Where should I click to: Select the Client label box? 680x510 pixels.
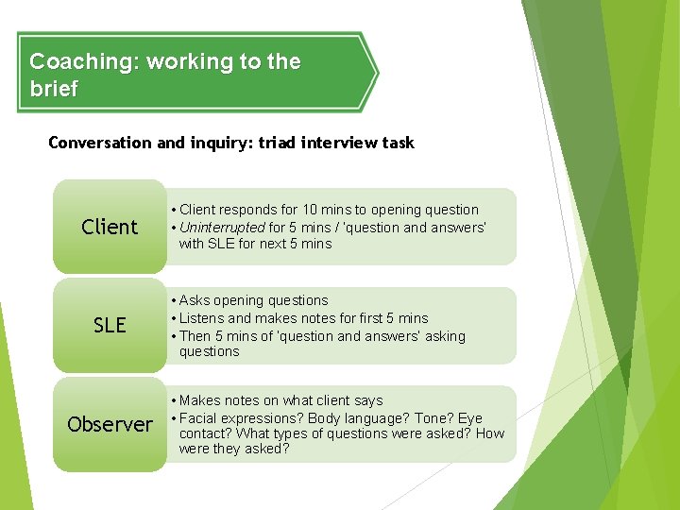110,227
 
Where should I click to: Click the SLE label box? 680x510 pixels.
110,325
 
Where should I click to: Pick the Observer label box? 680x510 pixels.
110,424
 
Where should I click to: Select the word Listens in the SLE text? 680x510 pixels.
202,318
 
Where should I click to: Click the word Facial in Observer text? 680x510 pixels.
199,417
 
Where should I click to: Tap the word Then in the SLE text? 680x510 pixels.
195,336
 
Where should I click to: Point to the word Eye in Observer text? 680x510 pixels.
470,417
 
